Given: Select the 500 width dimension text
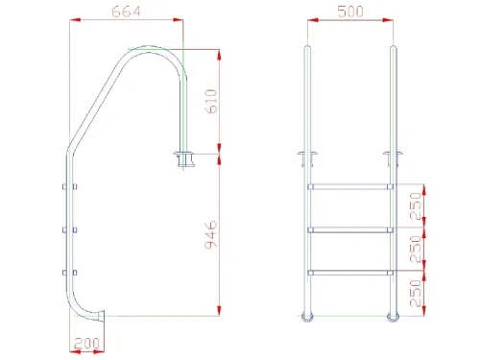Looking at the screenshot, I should point(348,13).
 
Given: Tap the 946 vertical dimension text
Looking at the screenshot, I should point(212,233).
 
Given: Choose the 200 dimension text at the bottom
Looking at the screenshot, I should point(86,343).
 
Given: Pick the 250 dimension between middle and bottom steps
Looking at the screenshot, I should point(416,251).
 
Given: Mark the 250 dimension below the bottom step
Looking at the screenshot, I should point(416,293).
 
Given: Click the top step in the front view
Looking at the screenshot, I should point(349,185).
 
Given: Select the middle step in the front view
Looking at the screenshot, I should point(349,228).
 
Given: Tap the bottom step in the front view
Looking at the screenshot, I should point(349,272).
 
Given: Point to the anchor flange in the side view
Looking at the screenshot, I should point(183,156).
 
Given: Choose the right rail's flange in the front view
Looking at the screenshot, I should point(392,156).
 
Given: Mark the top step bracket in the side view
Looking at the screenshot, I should point(65,186).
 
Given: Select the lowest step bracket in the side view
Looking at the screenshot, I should point(65,272).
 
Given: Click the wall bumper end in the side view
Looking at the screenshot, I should point(102,314).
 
